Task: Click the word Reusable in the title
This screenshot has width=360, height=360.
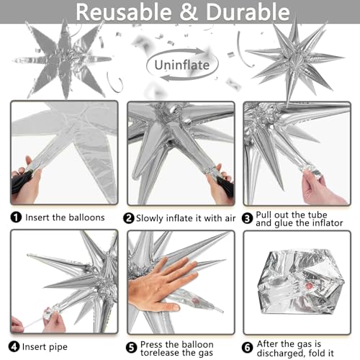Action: point(124,12)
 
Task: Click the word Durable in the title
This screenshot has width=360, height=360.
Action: point(248,12)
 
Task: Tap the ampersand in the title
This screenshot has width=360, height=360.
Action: point(189,12)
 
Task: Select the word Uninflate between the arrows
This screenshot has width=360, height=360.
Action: point(182,65)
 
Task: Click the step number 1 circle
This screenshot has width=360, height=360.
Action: point(16,217)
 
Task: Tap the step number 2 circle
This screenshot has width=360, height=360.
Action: point(129,218)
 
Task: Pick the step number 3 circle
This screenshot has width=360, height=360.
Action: point(247,218)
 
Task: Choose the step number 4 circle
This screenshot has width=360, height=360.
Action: point(14,347)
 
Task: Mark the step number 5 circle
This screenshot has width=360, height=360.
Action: point(132,348)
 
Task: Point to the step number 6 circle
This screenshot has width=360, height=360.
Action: point(248,348)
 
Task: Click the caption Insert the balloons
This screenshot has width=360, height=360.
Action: point(65,217)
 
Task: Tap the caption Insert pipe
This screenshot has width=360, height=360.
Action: point(45,347)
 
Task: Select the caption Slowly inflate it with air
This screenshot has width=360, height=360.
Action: point(186,218)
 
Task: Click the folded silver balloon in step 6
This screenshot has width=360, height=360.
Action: point(301,282)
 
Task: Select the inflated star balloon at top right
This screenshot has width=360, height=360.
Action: point(294,60)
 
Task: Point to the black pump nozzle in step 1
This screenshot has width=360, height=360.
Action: point(21,181)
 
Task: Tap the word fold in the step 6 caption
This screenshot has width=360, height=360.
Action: point(316,353)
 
